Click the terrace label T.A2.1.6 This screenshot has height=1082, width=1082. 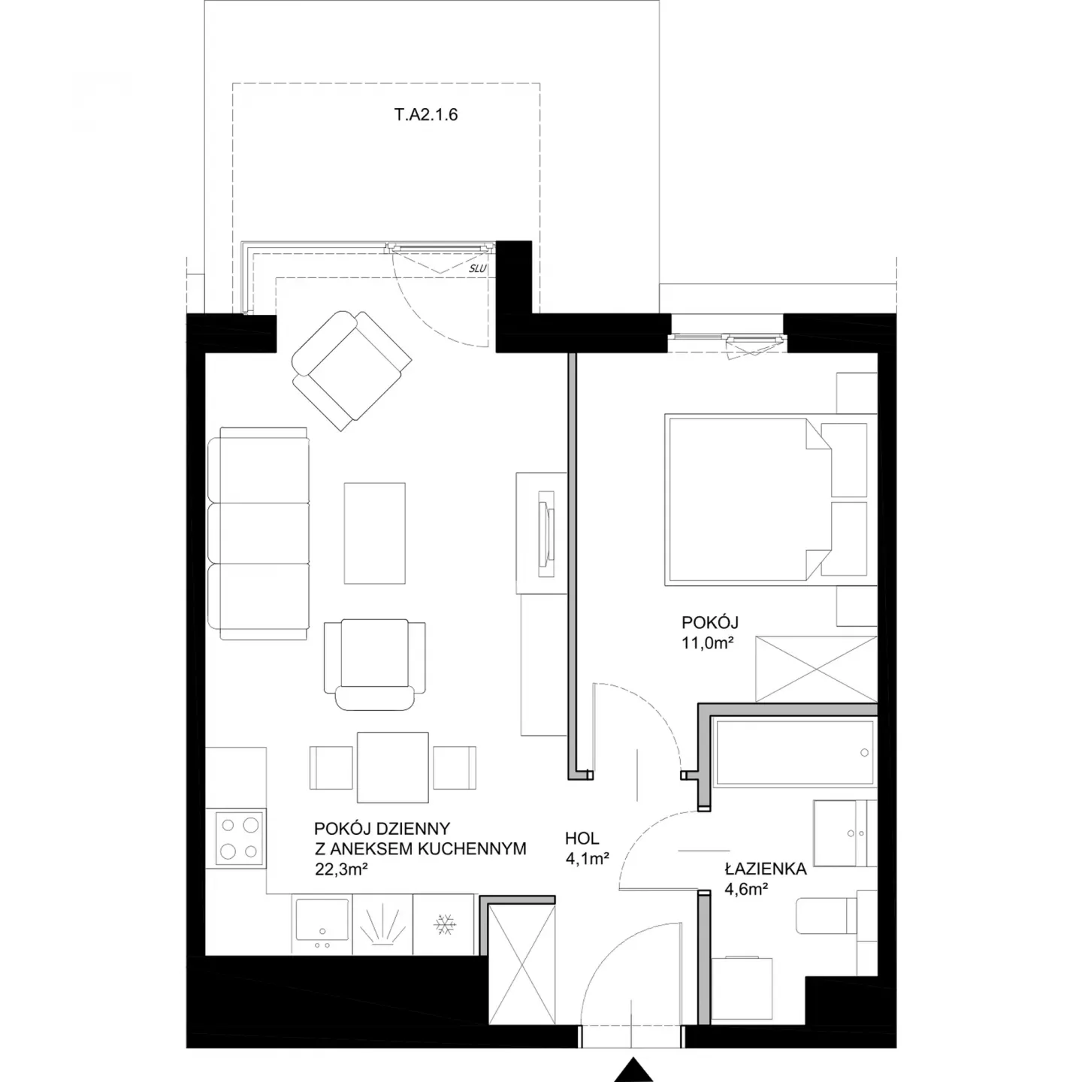(425, 114)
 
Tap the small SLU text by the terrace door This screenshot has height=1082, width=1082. (477, 269)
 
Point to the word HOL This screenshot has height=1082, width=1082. (582, 839)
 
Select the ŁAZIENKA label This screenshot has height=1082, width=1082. (766, 869)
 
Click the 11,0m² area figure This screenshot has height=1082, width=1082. (708, 643)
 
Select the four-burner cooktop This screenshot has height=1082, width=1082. (236, 839)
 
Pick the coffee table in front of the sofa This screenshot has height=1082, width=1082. (374, 533)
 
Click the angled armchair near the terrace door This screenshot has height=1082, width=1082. (352, 370)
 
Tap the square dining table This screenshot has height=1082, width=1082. (393, 768)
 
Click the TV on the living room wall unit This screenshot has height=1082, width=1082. (546, 533)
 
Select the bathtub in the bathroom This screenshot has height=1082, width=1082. (794, 753)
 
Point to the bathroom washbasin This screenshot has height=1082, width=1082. (845, 833)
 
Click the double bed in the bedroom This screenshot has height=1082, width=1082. (770, 500)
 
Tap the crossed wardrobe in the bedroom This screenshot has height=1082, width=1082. (817, 669)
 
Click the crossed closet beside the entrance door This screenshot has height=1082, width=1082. (522, 980)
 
